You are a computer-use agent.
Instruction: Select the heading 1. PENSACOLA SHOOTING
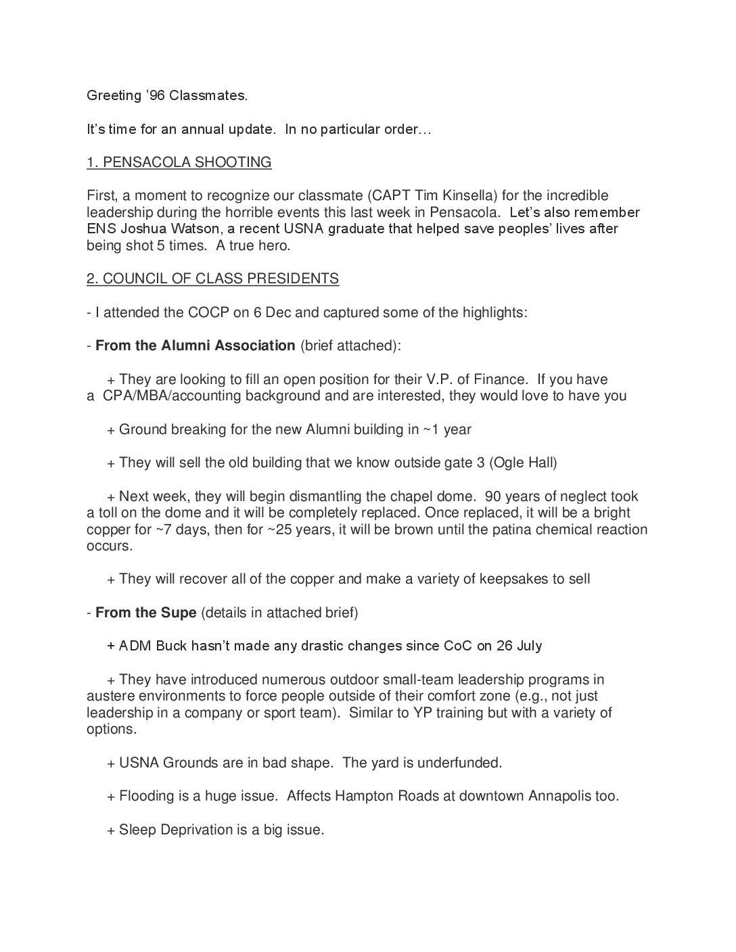(179, 162)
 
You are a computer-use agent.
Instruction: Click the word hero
(272, 245)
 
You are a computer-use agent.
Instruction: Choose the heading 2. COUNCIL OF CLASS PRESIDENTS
(212, 279)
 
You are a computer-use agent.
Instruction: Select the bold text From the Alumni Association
(195, 346)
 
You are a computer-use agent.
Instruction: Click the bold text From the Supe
(145, 613)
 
